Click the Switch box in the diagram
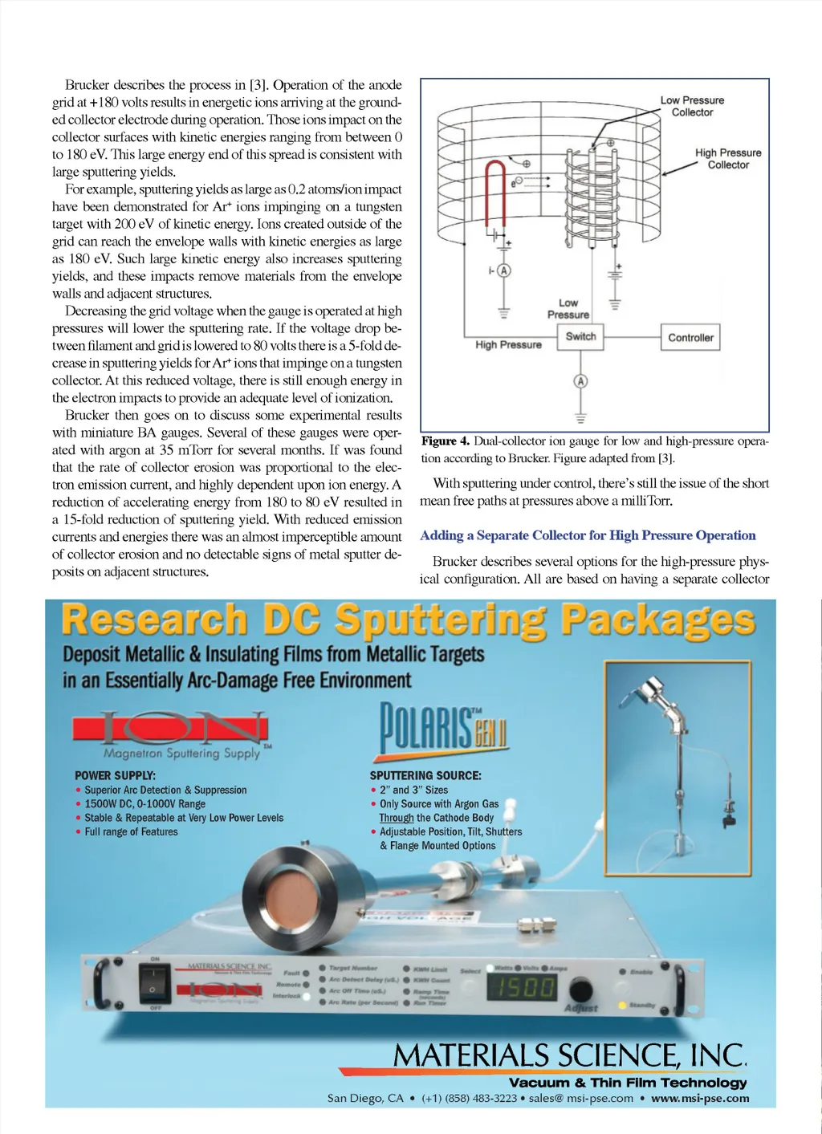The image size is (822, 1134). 580,337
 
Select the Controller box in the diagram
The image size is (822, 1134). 690,338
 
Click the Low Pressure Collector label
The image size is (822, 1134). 692,106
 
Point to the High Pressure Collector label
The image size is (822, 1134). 727,158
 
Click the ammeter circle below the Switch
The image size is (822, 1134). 580,381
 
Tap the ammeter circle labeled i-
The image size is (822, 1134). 504,270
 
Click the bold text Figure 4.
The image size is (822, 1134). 446,441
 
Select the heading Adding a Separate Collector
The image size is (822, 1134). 588,535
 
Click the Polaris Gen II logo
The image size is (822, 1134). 442,729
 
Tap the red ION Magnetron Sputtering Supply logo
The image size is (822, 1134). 171,729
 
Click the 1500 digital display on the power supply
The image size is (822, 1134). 523,987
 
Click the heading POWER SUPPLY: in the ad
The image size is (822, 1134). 116,776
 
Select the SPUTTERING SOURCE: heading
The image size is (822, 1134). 425,776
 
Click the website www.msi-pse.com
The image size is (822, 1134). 700,1098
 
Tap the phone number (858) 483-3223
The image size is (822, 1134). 469,1098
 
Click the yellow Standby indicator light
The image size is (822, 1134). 622,1005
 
